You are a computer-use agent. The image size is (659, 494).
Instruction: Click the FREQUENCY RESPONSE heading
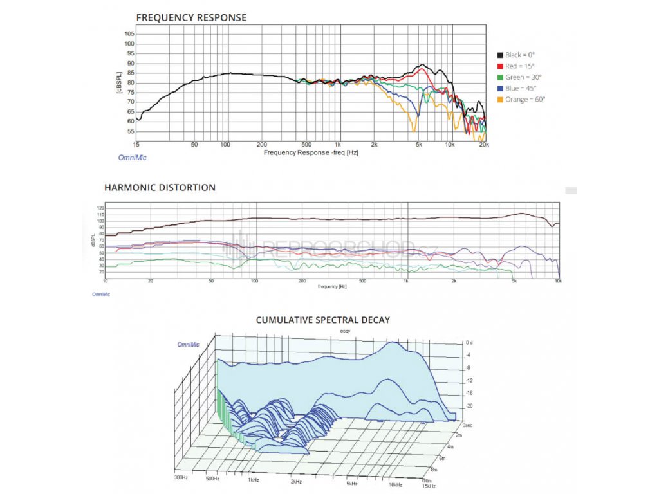[191, 17]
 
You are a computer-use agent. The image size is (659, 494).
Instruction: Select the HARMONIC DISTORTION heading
[160, 188]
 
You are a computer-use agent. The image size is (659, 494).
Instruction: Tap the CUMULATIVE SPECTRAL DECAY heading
[322, 320]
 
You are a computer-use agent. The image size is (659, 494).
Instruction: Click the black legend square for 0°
[500, 55]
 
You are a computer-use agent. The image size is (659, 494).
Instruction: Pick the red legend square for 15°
[500, 66]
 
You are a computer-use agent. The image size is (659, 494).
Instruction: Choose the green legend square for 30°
[500, 77]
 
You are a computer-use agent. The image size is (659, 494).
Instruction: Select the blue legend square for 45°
[500, 88]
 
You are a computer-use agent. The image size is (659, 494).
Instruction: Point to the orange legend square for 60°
[500, 99]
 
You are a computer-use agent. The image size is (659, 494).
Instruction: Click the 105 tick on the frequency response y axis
[129, 33]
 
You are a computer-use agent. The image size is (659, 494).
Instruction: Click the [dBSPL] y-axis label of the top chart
[119, 82]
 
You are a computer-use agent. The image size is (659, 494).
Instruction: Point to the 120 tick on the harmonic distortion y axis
[100, 208]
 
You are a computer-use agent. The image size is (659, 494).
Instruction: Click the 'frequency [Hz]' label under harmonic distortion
[332, 286]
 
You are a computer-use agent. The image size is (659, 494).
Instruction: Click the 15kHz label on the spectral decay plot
[429, 485]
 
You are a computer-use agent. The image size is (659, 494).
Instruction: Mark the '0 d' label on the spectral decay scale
[469, 343]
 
